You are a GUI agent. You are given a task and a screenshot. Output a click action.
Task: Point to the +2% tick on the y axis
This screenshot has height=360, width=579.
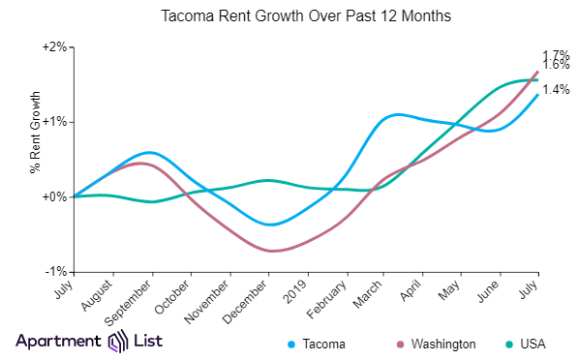(53, 47)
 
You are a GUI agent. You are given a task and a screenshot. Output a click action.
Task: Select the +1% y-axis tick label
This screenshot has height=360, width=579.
(53, 122)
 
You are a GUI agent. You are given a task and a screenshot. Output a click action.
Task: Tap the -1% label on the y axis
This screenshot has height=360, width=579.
(55, 271)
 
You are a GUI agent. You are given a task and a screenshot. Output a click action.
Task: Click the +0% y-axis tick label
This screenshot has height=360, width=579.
(53, 196)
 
